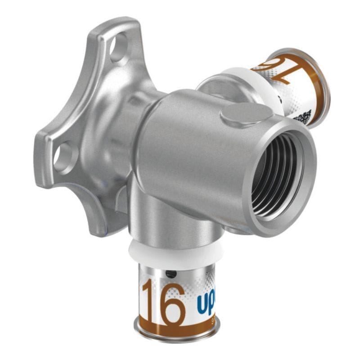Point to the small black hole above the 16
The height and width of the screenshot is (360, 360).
pos(171,273)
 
